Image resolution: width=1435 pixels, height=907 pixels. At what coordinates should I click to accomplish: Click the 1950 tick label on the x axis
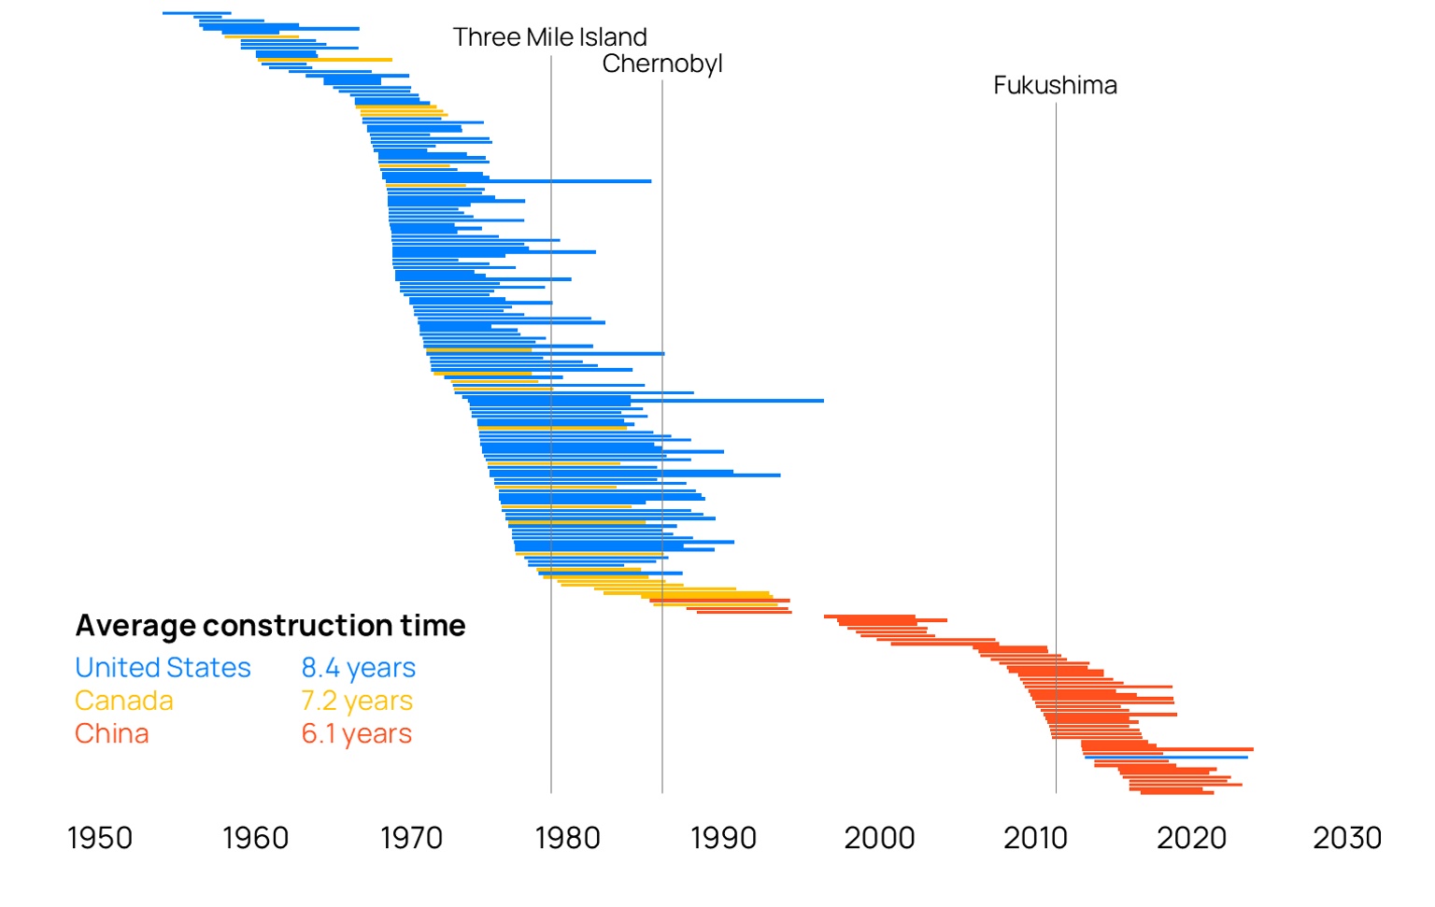pyautogui.click(x=100, y=838)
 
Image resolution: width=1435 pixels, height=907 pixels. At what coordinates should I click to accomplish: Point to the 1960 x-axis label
pyautogui.click(x=255, y=838)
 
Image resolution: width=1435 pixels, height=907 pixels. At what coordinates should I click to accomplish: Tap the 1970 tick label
pyautogui.click(x=411, y=838)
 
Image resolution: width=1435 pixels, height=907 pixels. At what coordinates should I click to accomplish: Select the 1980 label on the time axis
pyautogui.click(x=567, y=838)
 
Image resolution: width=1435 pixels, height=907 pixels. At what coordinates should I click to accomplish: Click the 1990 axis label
pyautogui.click(x=723, y=838)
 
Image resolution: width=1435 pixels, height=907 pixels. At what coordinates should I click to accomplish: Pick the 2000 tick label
pyautogui.click(x=879, y=838)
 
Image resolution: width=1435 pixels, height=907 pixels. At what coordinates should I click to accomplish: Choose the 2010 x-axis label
pyautogui.click(x=1035, y=838)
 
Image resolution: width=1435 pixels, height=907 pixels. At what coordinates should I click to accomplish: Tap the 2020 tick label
pyautogui.click(x=1191, y=838)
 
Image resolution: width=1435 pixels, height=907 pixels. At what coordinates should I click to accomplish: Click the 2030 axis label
pyautogui.click(x=1347, y=838)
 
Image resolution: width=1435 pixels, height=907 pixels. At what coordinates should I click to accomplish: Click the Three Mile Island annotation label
pyautogui.click(x=549, y=37)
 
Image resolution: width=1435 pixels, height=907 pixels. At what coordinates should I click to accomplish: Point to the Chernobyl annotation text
pyautogui.click(x=662, y=64)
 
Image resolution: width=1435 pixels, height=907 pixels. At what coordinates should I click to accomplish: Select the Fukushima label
pyautogui.click(x=1055, y=85)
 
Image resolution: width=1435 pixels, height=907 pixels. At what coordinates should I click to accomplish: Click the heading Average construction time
pyautogui.click(x=270, y=625)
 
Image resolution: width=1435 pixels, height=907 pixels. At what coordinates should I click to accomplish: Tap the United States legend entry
pyautogui.click(x=163, y=668)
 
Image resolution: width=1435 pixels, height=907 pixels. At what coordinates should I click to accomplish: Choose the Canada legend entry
pyautogui.click(x=124, y=701)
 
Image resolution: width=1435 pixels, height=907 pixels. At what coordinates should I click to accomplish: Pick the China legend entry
pyautogui.click(x=112, y=733)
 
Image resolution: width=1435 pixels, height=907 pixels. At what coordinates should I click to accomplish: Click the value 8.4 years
pyautogui.click(x=358, y=668)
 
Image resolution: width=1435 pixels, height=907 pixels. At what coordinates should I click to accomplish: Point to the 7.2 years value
pyautogui.click(x=356, y=701)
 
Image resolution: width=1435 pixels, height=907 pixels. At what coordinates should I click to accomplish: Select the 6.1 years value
pyautogui.click(x=356, y=733)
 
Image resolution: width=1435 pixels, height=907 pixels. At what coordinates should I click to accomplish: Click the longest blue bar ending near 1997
pyautogui.click(x=729, y=401)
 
